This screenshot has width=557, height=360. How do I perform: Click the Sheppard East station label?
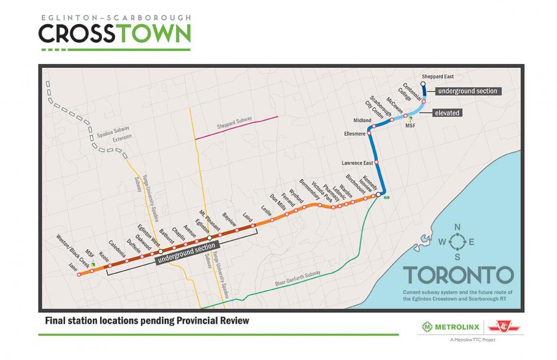[438, 77]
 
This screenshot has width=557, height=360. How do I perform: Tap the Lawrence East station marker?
[376, 162]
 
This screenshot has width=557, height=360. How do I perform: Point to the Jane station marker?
[79, 275]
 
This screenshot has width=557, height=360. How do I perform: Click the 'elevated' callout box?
[447, 113]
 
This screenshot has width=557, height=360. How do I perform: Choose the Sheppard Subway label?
[234, 123]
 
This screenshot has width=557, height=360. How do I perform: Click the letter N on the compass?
[457, 227]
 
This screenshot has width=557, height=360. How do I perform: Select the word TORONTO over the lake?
[458, 275]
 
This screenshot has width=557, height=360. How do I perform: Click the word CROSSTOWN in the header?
[115, 33]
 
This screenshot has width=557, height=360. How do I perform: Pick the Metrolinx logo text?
[450, 327]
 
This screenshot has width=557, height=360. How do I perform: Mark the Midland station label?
[362, 121]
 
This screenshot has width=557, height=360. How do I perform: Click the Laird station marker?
[253, 226]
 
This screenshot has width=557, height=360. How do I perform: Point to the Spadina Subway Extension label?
[114, 132]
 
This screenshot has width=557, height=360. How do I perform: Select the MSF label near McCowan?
[410, 126]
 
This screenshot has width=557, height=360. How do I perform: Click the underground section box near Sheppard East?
[467, 91]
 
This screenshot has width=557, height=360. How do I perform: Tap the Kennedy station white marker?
[378, 195]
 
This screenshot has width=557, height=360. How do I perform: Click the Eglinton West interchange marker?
[161, 251]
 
